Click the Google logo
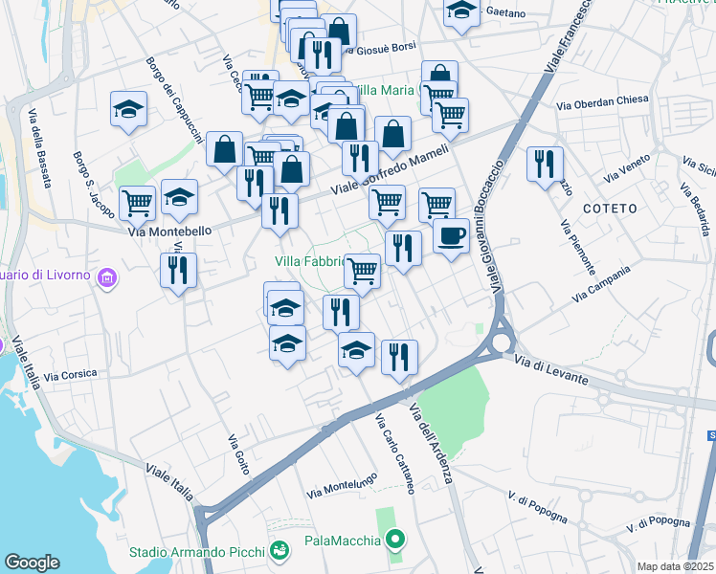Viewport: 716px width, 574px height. point(32,563)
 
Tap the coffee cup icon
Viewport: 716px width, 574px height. point(451,234)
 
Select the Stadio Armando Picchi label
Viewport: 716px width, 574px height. point(198,552)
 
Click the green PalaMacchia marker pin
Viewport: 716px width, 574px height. point(394,541)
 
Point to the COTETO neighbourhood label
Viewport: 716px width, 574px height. point(608,209)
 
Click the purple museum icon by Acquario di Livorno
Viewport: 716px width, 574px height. point(107,276)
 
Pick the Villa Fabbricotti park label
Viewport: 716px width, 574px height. point(309,261)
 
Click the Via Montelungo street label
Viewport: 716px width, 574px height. point(341,486)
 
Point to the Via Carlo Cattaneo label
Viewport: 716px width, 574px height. point(394,453)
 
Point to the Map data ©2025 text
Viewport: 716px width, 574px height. point(676,566)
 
